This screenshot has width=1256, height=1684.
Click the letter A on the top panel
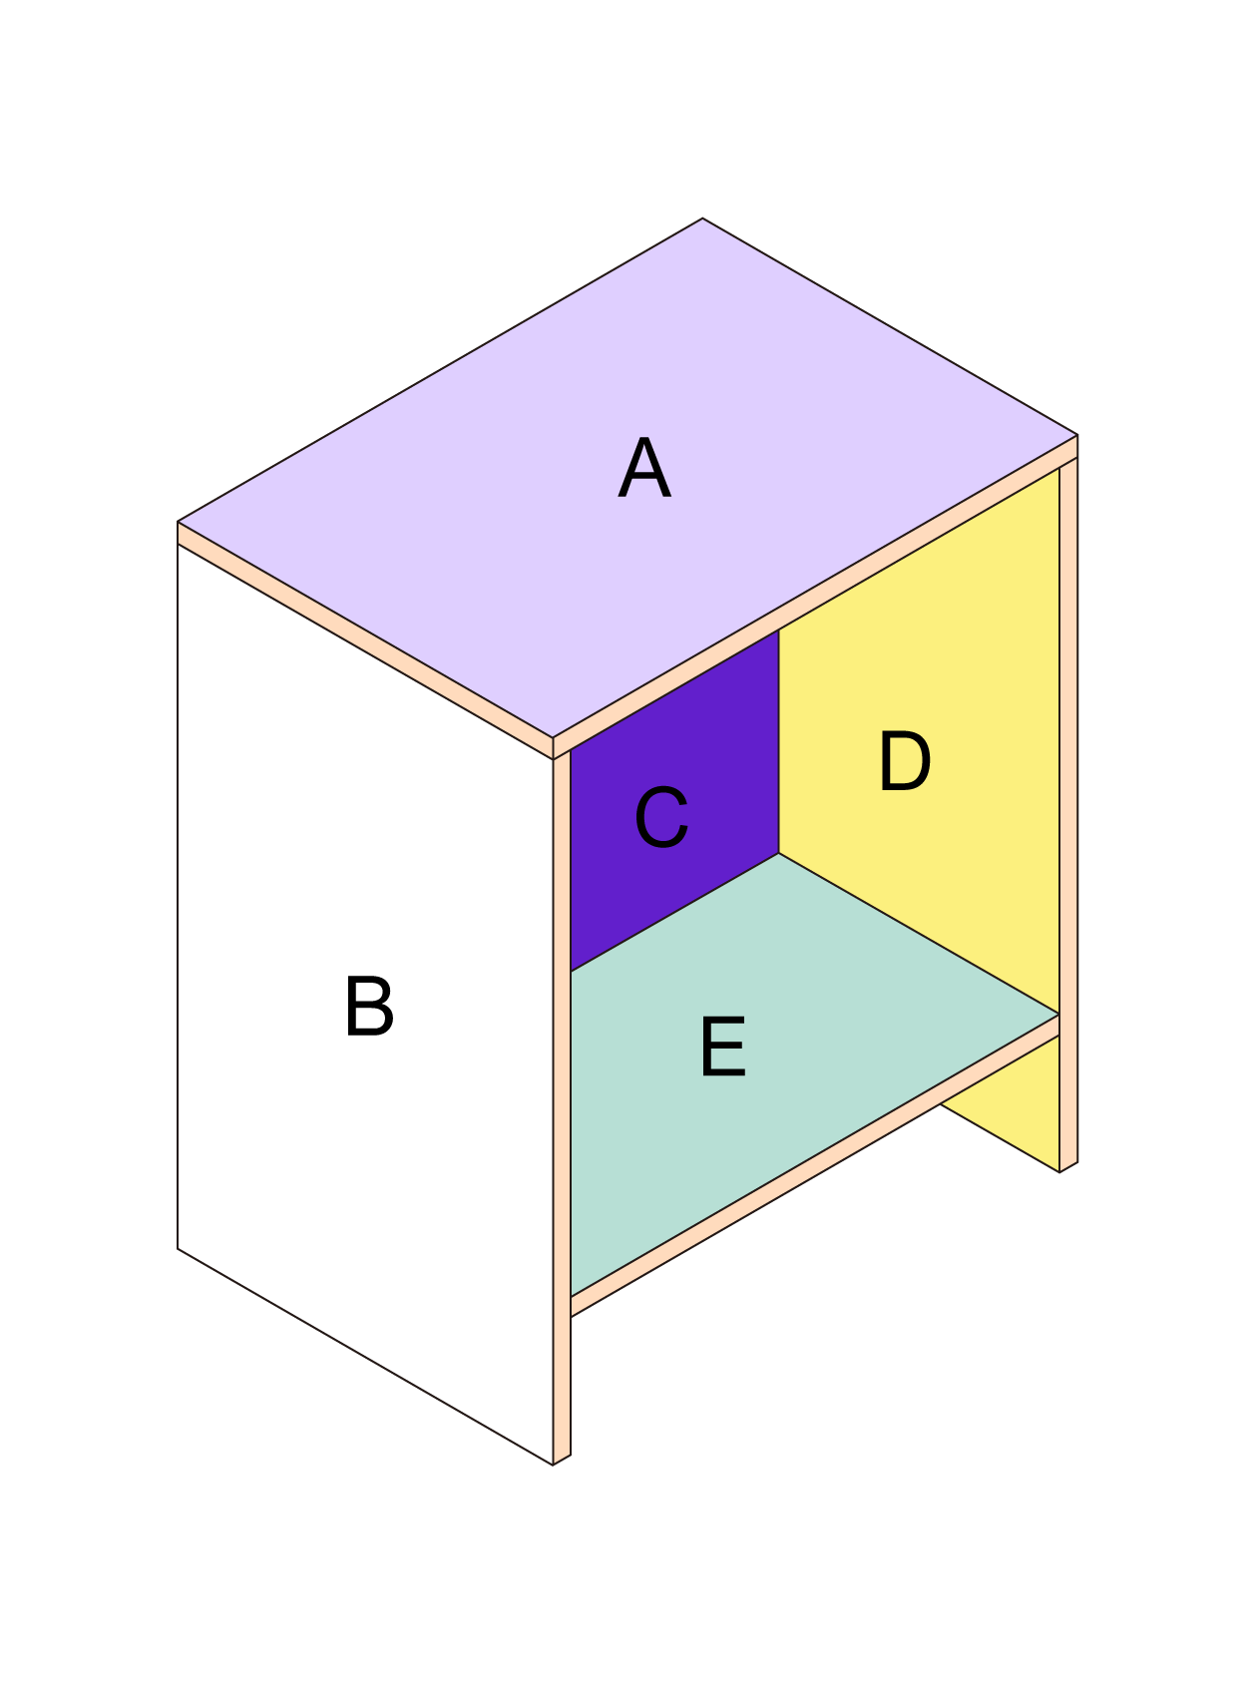coord(644,468)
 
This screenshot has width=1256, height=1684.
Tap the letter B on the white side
coord(369,1007)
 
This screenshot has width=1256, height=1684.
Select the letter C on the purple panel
coord(661,818)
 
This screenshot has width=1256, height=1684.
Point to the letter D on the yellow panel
coord(905,762)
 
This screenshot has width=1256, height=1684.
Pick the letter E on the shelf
coord(723,1047)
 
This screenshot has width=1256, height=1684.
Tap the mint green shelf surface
coord(788,1057)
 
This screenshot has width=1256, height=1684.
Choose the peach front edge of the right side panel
coord(1068,813)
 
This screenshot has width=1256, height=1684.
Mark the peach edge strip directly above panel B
coord(365,640)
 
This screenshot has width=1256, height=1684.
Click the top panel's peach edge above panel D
coord(815,598)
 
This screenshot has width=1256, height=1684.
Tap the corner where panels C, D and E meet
coord(779,853)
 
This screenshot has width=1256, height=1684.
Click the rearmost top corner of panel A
coord(702,218)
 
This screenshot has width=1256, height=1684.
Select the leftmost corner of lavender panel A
coord(178,522)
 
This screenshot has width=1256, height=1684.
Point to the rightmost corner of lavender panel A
coord(1077,435)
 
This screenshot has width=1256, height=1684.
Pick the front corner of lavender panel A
coord(553,738)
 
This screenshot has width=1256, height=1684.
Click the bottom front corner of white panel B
coord(553,1466)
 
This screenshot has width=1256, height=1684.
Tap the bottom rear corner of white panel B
coord(178,1248)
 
